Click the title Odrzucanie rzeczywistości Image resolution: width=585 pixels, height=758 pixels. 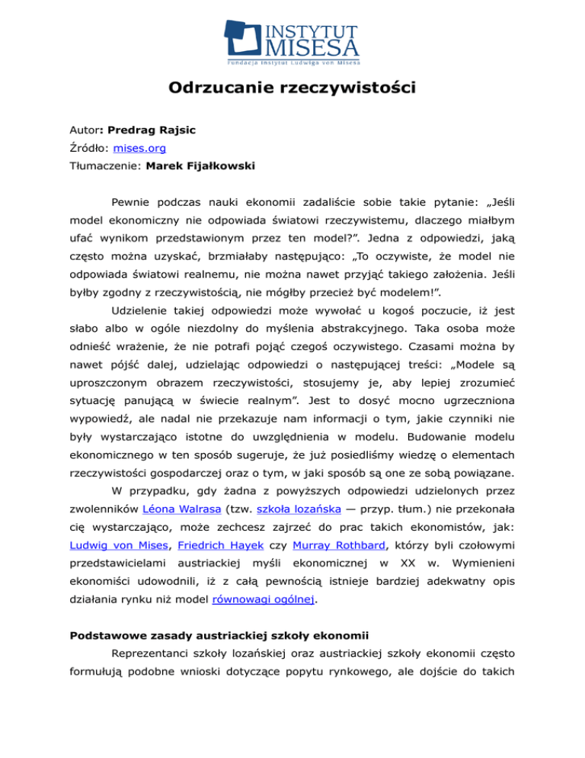point(292,88)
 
